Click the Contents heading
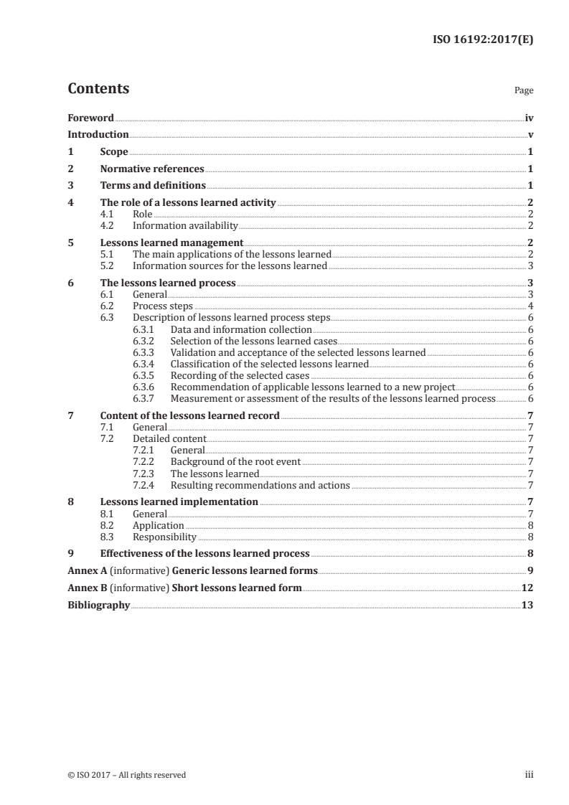point(98,89)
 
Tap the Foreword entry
point(90,117)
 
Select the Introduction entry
point(98,134)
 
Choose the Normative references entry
point(152,169)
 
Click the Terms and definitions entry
point(151,186)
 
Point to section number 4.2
point(107,225)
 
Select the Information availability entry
point(185,225)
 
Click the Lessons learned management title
point(171,243)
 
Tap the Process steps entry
point(163,306)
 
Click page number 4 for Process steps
point(530,306)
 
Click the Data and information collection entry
point(241,329)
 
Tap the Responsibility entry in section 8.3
point(164,536)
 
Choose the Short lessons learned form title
point(237,588)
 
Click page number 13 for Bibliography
point(527,605)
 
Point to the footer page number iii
point(529,774)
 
